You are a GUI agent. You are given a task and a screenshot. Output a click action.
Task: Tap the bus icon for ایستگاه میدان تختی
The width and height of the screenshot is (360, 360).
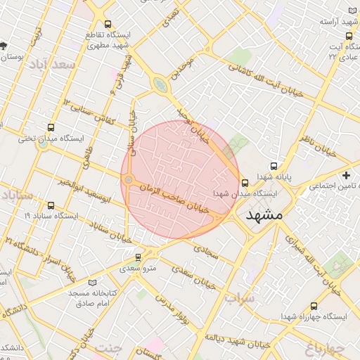(50, 127)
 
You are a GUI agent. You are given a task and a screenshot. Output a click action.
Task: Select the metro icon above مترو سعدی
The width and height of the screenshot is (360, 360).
(138, 257)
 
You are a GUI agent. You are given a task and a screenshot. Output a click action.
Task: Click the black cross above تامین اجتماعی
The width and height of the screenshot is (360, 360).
(345, 174)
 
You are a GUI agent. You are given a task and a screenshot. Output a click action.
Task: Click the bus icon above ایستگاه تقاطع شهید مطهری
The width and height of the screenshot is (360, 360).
(107, 25)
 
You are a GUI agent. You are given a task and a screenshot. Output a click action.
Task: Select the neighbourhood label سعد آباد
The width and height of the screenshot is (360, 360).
(53, 65)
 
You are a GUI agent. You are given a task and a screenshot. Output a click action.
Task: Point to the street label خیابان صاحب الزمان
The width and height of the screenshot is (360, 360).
(173, 200)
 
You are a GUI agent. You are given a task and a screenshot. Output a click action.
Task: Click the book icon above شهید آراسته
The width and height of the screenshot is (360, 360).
(353, 11)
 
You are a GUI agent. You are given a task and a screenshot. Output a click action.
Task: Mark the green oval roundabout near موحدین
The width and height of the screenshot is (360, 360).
(161, 85)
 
